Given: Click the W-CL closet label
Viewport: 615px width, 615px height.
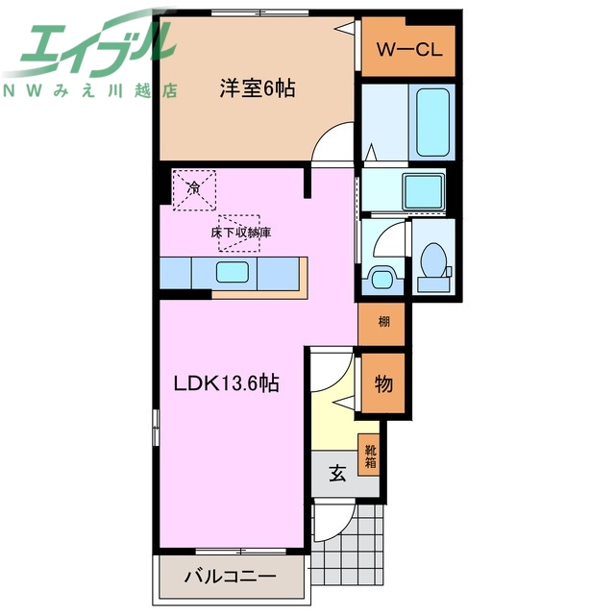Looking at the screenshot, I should tap(408, 50).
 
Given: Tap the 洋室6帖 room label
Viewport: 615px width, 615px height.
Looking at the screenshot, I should tap(254, 88).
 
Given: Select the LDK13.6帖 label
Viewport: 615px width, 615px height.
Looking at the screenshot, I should tap(226, 384).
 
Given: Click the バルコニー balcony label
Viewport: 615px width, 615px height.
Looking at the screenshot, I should tap(230, 578).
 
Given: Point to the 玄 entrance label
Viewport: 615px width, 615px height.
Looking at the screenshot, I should tap(338, 473).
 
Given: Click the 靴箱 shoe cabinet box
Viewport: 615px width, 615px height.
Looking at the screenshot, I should tap(369, 455).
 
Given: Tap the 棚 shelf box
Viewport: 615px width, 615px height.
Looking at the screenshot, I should tap(382, 322).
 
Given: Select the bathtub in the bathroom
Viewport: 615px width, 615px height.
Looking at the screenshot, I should tap(433, 123).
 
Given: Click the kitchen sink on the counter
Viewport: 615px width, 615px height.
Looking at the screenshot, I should tap(234, 272).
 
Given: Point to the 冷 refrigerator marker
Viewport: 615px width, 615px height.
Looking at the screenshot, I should tap(194, 188).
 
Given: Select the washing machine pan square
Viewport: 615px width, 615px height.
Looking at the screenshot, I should tap(423, 191).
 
